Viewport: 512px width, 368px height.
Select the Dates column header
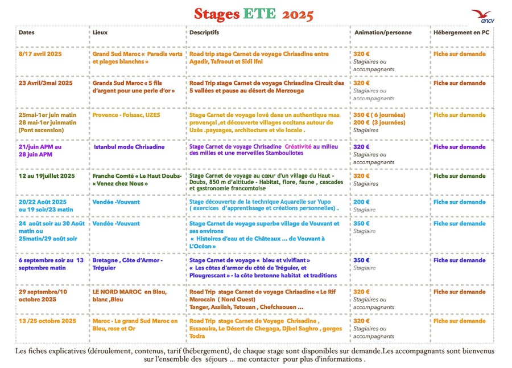(27, 33)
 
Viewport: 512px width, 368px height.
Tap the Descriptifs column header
(204, 33)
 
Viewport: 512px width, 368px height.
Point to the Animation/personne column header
(382, 33)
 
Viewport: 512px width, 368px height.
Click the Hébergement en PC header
(461, 33)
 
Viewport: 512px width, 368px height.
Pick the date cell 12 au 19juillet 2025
(47, 176)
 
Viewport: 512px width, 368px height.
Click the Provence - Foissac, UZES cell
(126, 115)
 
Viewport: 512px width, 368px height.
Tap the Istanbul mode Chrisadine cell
(129, 147)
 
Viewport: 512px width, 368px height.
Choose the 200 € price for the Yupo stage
(361, 202)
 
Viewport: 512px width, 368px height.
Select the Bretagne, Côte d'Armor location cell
(127, 264)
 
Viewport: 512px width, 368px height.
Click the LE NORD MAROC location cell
(130, 295)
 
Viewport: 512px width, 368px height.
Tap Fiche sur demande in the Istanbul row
(460, 147)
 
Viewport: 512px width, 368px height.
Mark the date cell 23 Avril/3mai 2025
(46, 83)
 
